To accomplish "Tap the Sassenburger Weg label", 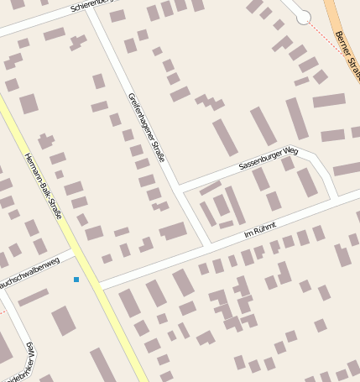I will click(x=268, y=159).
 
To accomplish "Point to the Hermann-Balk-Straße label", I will click(x=44, y=186).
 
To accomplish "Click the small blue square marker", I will click(x=76, y=279).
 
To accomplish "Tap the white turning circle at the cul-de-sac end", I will click(x=304, y=18).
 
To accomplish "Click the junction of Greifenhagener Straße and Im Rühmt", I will click(x=208, y=245).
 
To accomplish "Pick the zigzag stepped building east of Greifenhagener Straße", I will click(x=210, y=102).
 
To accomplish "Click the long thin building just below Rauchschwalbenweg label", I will click(x=34, y=296).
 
